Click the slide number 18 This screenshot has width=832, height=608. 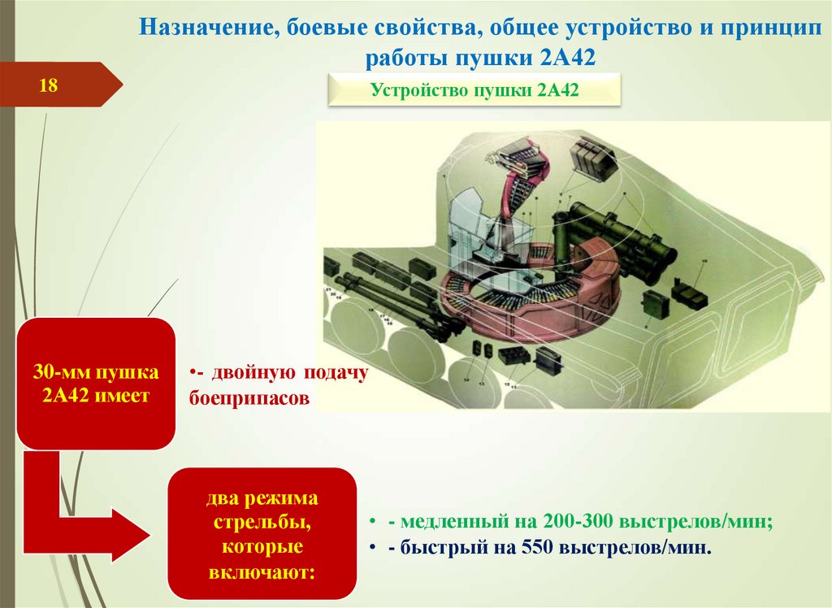click(x=48, y=85)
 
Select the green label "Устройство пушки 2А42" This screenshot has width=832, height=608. click(x=474, y=90)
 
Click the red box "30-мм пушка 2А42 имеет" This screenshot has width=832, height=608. click(x=96, y=384)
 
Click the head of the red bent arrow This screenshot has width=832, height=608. click(x=130, y=532)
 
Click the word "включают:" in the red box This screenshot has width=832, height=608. click(x=262, y=572)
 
